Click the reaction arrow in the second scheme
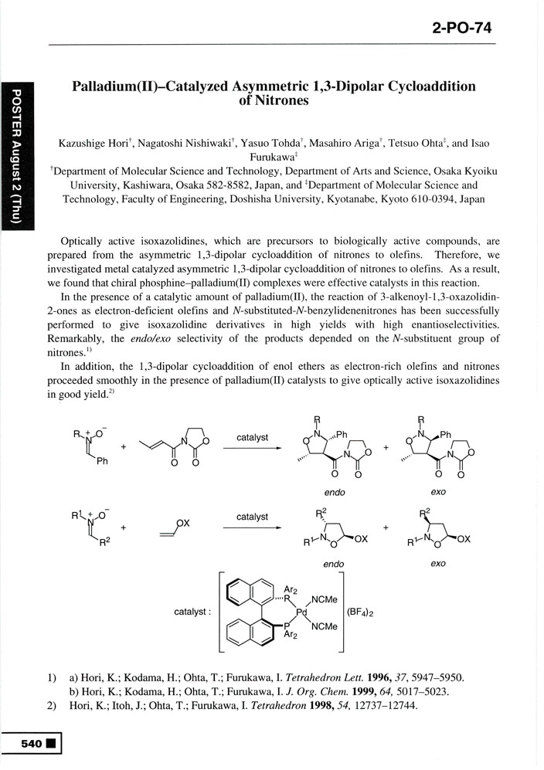point(253,528)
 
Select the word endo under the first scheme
point(334,492)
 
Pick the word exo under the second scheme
point(437,564)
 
